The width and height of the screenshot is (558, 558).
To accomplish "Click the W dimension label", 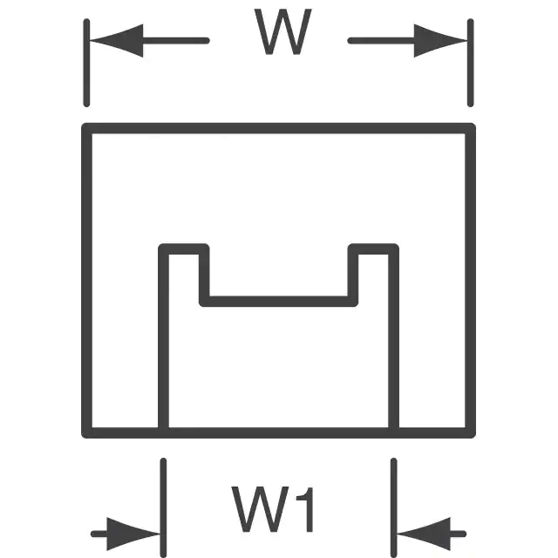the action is coord(283,31).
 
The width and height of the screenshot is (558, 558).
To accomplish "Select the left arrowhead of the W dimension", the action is coord(116,41).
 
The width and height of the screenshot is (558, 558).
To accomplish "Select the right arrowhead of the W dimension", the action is coord(440,41).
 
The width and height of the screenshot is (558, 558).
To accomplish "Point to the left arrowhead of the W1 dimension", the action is coord(133,534).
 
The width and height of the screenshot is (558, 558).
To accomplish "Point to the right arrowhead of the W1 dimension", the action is coord(424,534).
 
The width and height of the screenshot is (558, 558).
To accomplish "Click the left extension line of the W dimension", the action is coord(86,63).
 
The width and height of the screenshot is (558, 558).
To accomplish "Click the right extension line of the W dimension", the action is coord(471,63).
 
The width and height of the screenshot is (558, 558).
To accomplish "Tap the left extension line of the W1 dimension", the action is coord(163,507).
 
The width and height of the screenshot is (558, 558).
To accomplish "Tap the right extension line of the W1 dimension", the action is coord(393,507).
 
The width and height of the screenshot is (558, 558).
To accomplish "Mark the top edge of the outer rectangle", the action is coord(279,128).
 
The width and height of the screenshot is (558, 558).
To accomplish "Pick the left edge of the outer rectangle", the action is coord(87,281).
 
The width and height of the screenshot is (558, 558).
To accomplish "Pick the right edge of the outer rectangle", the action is coord(471,281).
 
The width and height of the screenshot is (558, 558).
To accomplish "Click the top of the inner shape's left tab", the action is coord(184,249).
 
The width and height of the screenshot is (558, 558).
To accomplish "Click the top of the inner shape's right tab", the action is coord(373,249).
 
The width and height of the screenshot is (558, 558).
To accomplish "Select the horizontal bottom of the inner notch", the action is coord(279,301).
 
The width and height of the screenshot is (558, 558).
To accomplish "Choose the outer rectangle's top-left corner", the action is coord(87,128).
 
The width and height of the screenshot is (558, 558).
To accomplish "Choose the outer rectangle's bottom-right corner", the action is coord(471,433).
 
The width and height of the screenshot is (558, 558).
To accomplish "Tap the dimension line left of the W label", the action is coord(176,41).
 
